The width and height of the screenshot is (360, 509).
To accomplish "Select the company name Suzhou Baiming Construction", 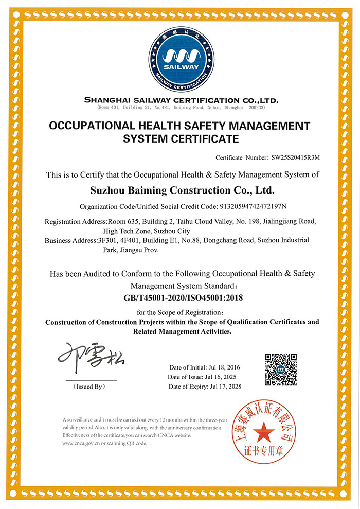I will point(182,190).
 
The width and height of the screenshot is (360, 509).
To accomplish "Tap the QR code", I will point(280,369).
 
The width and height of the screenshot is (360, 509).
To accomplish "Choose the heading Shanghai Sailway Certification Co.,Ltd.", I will point(181,100).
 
